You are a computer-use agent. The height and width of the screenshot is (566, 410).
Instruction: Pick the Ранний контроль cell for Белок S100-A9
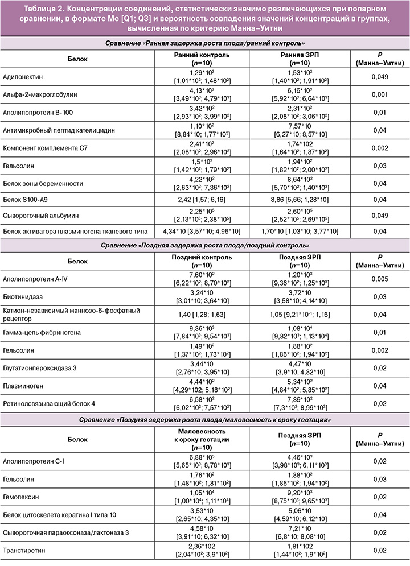(196, 200)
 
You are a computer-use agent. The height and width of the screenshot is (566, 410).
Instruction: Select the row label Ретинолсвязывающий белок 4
(50, 403)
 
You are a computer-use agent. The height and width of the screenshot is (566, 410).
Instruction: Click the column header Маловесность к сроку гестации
(196, 439)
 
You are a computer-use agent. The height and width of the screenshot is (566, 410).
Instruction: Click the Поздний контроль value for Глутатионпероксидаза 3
(196, 367)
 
